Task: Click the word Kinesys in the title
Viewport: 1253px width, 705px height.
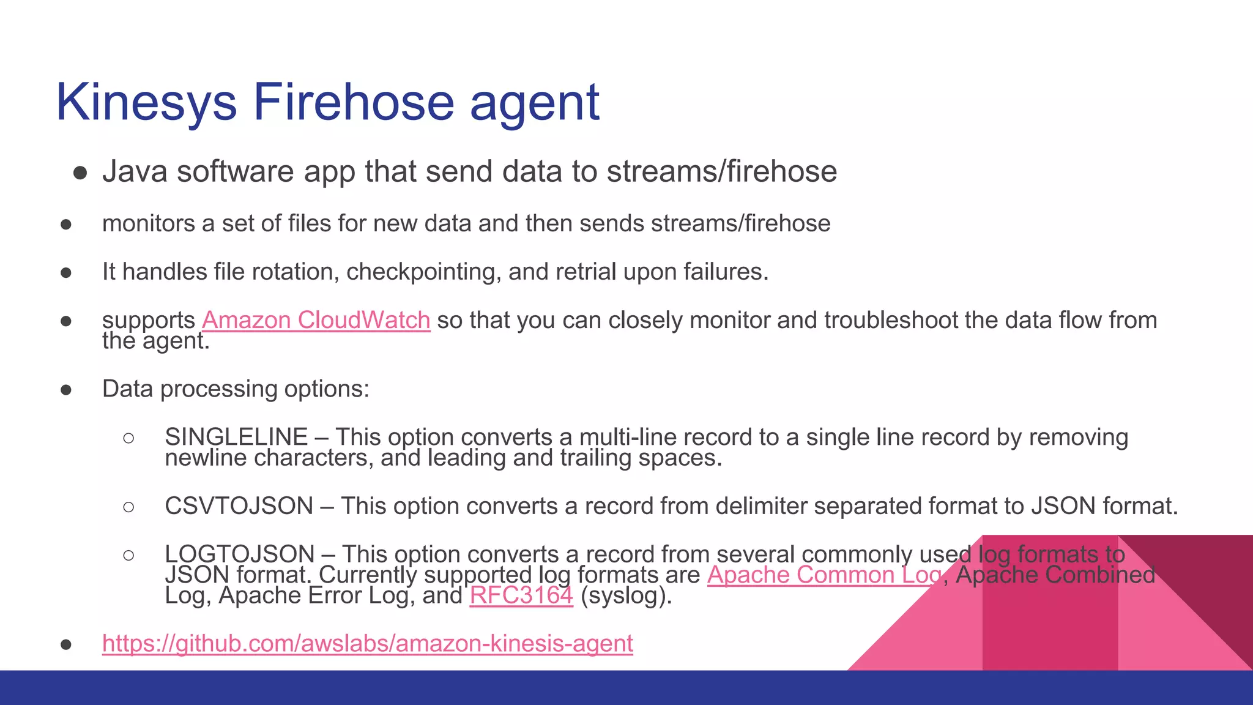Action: pyautogui.click(x=146, y=102)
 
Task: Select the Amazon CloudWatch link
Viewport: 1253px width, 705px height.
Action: pyautogui.click(x=316, y=320)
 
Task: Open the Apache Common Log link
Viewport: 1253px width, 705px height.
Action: pyautogui.click(x=824, y=575)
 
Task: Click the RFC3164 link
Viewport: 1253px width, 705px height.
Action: pyautogui.click(x=521, y=595)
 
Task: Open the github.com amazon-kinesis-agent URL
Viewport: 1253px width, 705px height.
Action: pyautogui.click(x=367, y=643)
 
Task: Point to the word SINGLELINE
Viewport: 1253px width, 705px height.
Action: pyautogui.click(x=236, y=437)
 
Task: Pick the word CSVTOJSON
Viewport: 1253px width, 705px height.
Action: pyautogui.click(x=239, y=506)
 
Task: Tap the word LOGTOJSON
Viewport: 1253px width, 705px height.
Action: pyautogui.click(x=239, y=554)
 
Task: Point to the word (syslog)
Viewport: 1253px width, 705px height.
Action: pyautogui.click(x=626, y=595)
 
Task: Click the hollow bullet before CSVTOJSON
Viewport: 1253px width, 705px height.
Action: pyautogui.click(x=128, y=507)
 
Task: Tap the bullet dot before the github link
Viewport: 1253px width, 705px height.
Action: pyautogui.click(x=66, y=644)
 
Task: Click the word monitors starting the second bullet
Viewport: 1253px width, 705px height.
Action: pyautogui.click(x=148, y=224)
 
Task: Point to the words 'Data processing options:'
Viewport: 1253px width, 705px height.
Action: pyautogui.click(x=236, y=389)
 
